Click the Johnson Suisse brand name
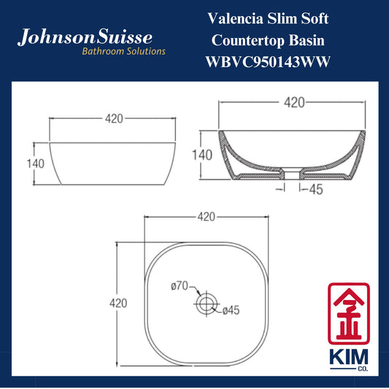(x=85, y=37)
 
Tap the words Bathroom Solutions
(x=123, y=51)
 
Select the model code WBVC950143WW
(x=268, y=62)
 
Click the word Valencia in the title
(x=235, y=18)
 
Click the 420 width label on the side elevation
(x=114, y=118)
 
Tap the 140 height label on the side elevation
(x=36, y=163)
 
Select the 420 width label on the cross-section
(x=294, y=102)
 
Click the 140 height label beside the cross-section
(x=202, y=155)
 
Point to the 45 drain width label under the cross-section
(x=316, y=190)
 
